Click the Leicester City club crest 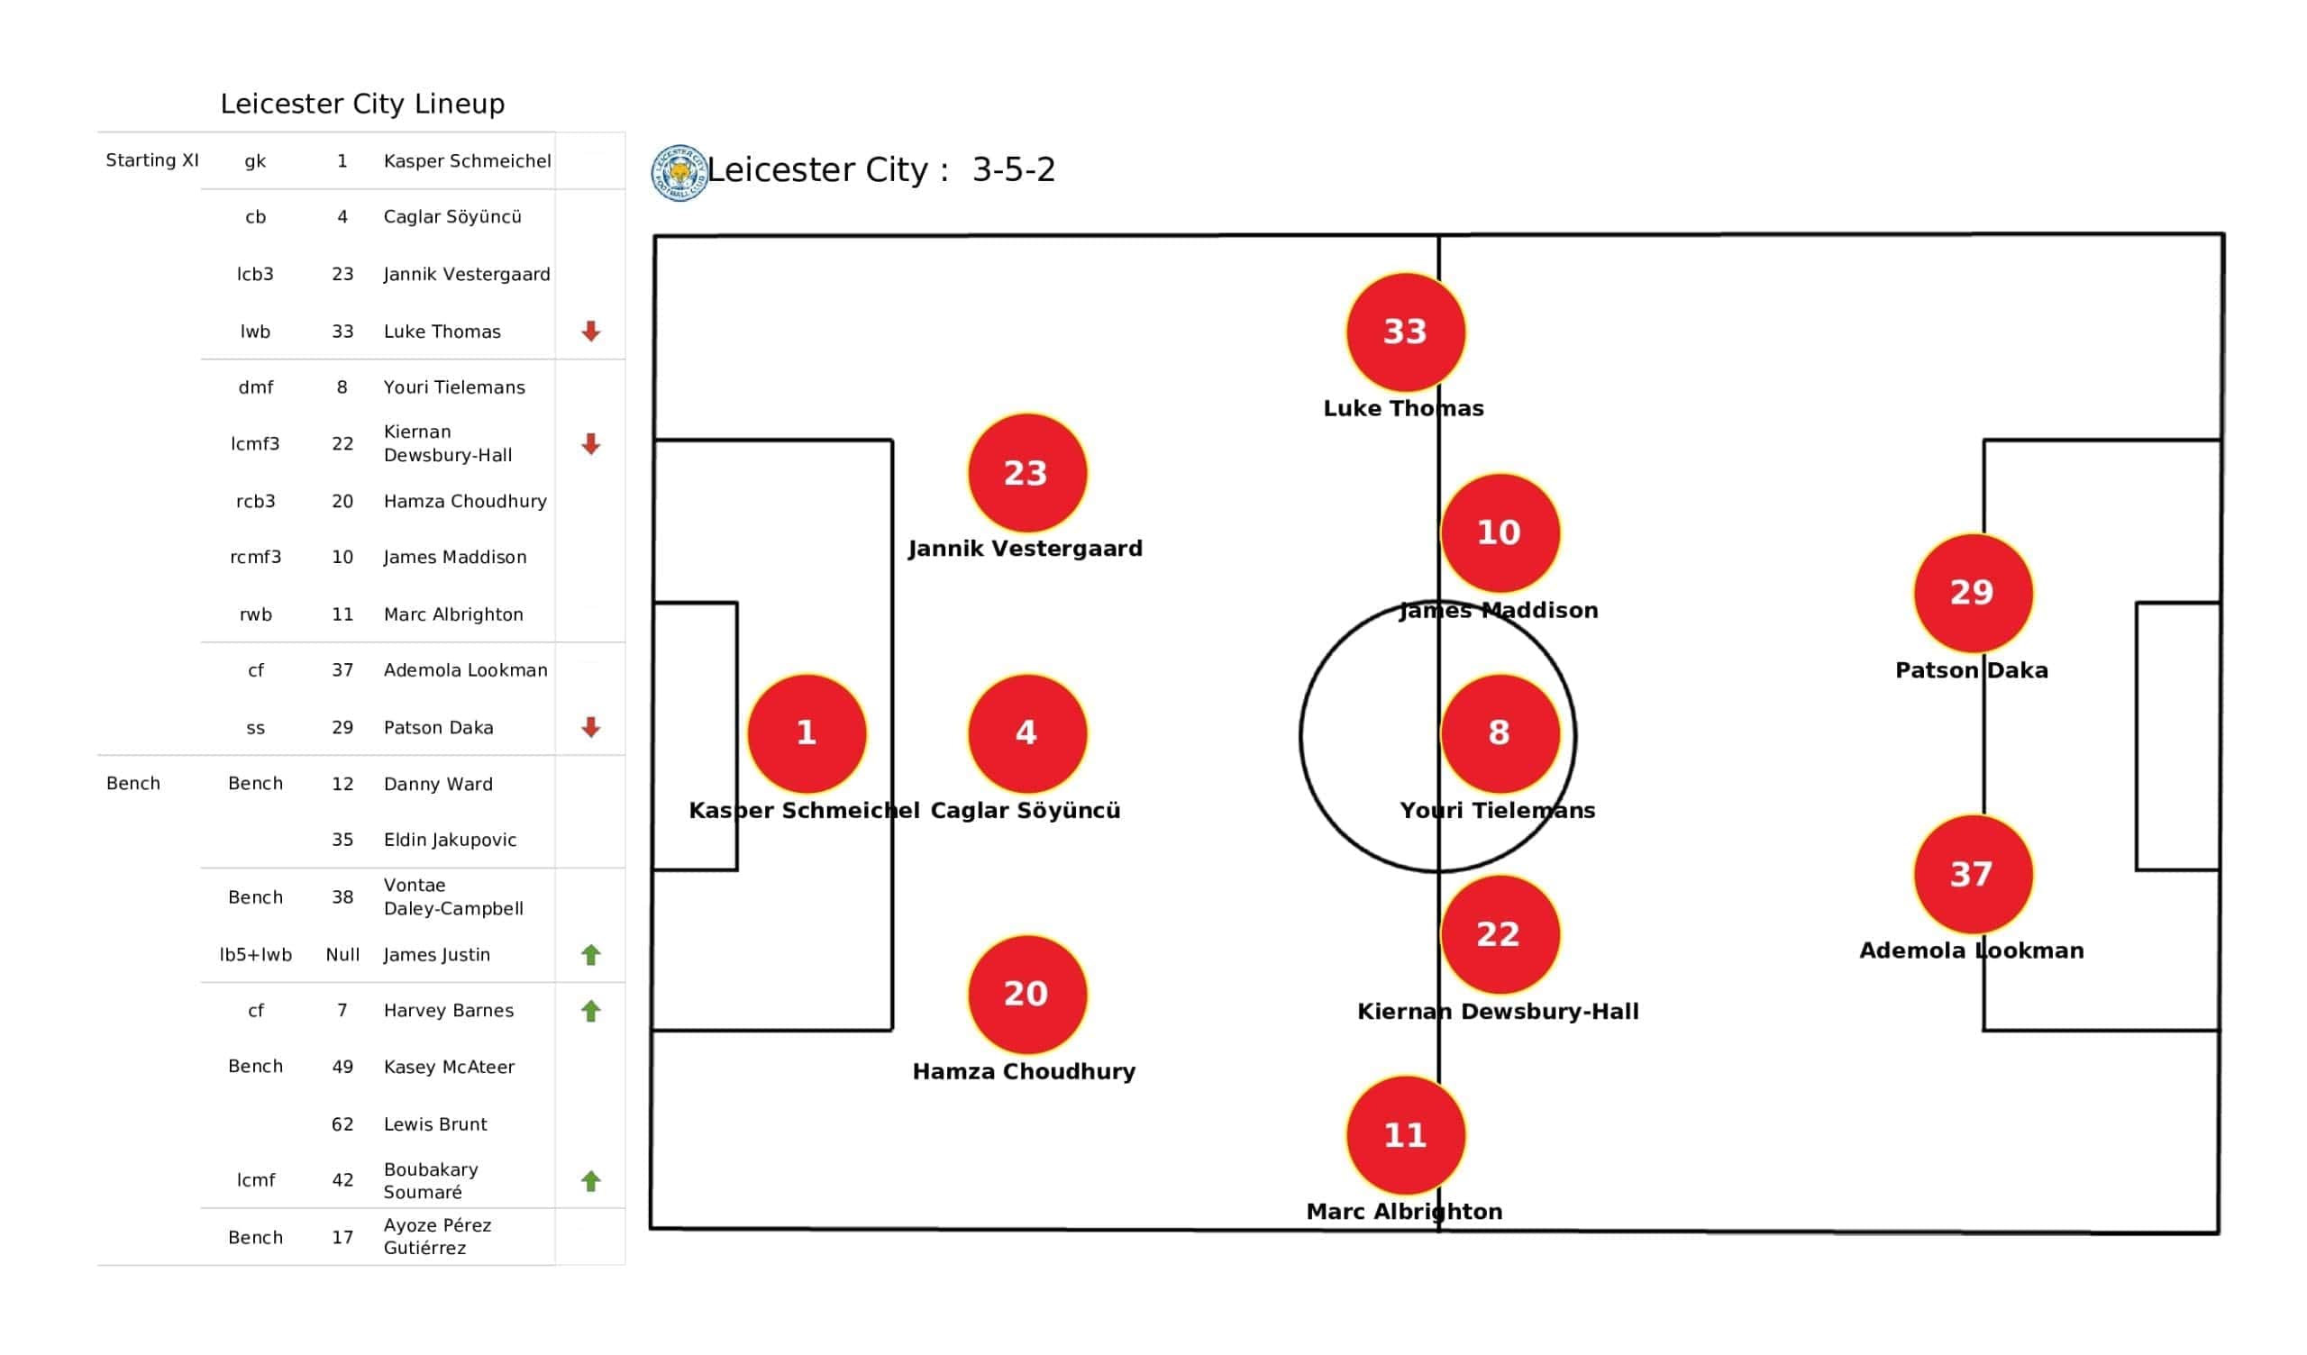tap(679, 172)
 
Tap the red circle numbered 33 tap(1405, 332)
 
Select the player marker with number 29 tap(1973, 592)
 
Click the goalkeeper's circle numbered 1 tap(807, 732)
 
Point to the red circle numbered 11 tap(1405, 1135)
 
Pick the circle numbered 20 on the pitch tap(1027, 994)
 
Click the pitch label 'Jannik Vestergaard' tap(1026, 549)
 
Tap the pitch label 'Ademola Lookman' tap(1972, 950)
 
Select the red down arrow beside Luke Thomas tap(591, 332)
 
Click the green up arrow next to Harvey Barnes tap(591, 1011)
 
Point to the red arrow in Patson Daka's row tap(591, 727)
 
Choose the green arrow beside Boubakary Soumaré tap(591, 1181)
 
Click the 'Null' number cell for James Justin tap(342, 955)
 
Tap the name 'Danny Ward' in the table tap(438, 784)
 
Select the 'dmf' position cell tap(255, 387)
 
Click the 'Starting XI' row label tap(152, 160)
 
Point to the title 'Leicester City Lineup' tap(362, 104)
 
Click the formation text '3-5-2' tap(1014, 169)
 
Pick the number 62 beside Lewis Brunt tap(342, 1124)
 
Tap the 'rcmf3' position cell tap(255, 557)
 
